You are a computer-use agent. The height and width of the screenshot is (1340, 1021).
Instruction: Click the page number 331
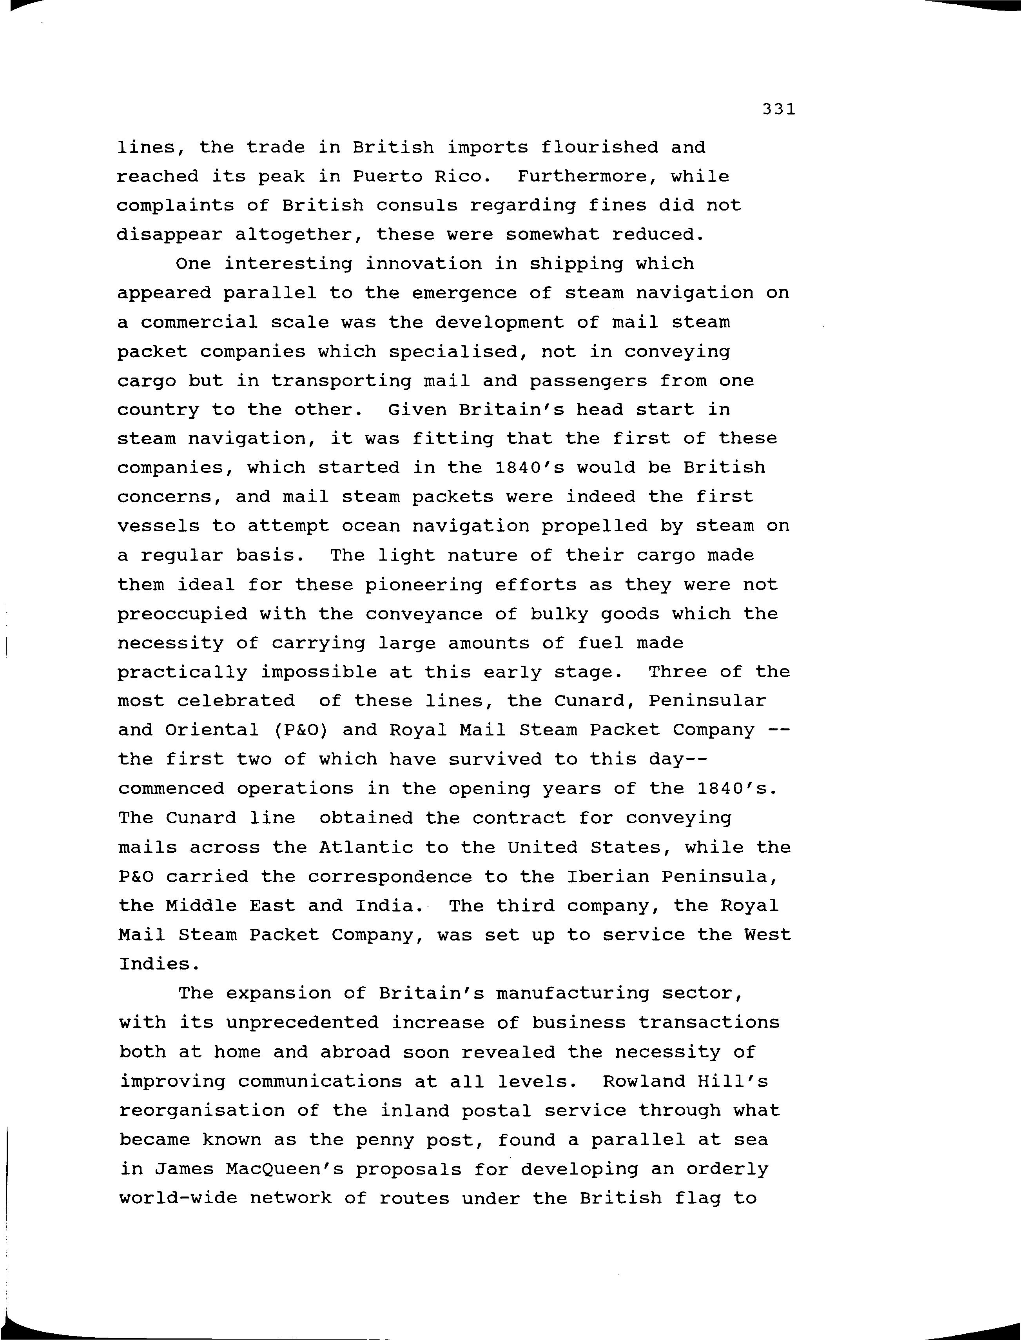click(778, 109)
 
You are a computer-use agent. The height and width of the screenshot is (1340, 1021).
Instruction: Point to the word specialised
click(453, 351)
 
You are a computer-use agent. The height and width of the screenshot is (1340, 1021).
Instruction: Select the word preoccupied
click(182, 614)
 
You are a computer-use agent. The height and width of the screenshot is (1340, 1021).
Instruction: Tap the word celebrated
click(236, 701)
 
